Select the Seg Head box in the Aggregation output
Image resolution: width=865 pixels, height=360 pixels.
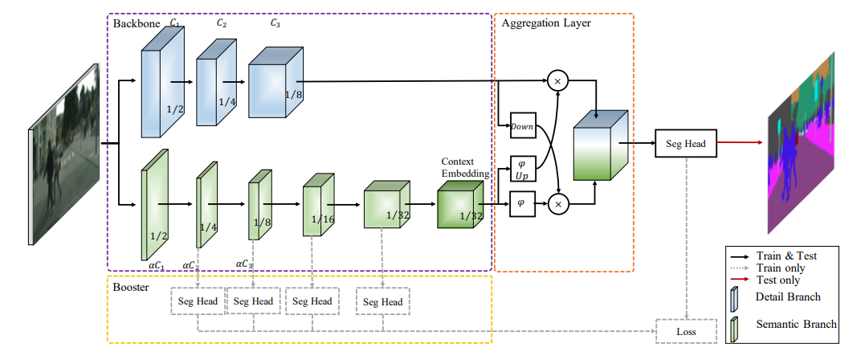[685, 144]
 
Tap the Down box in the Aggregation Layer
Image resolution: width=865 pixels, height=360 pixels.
[522, 126]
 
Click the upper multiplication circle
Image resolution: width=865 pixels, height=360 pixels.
[557, 80]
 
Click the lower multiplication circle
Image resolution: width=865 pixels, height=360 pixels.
[557, 204]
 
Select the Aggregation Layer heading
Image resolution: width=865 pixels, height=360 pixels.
[545, 23]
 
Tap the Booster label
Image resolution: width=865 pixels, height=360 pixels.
[130, 286]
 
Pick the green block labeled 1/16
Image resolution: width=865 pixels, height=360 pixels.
[316, 208]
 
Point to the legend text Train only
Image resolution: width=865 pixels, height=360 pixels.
[781, 268]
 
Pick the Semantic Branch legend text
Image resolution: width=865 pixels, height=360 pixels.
[796, 324]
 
